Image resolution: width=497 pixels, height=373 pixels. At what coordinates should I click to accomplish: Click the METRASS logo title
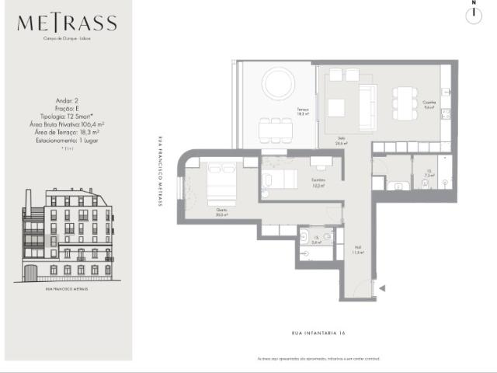click(x=67, y=23)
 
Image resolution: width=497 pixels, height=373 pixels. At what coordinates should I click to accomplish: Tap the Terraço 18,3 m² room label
click(x=301, y=111)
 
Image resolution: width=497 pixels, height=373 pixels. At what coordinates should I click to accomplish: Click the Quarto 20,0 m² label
click(x=222, y=212)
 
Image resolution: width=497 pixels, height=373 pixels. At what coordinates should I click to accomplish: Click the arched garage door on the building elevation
click(x=30, y=273)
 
